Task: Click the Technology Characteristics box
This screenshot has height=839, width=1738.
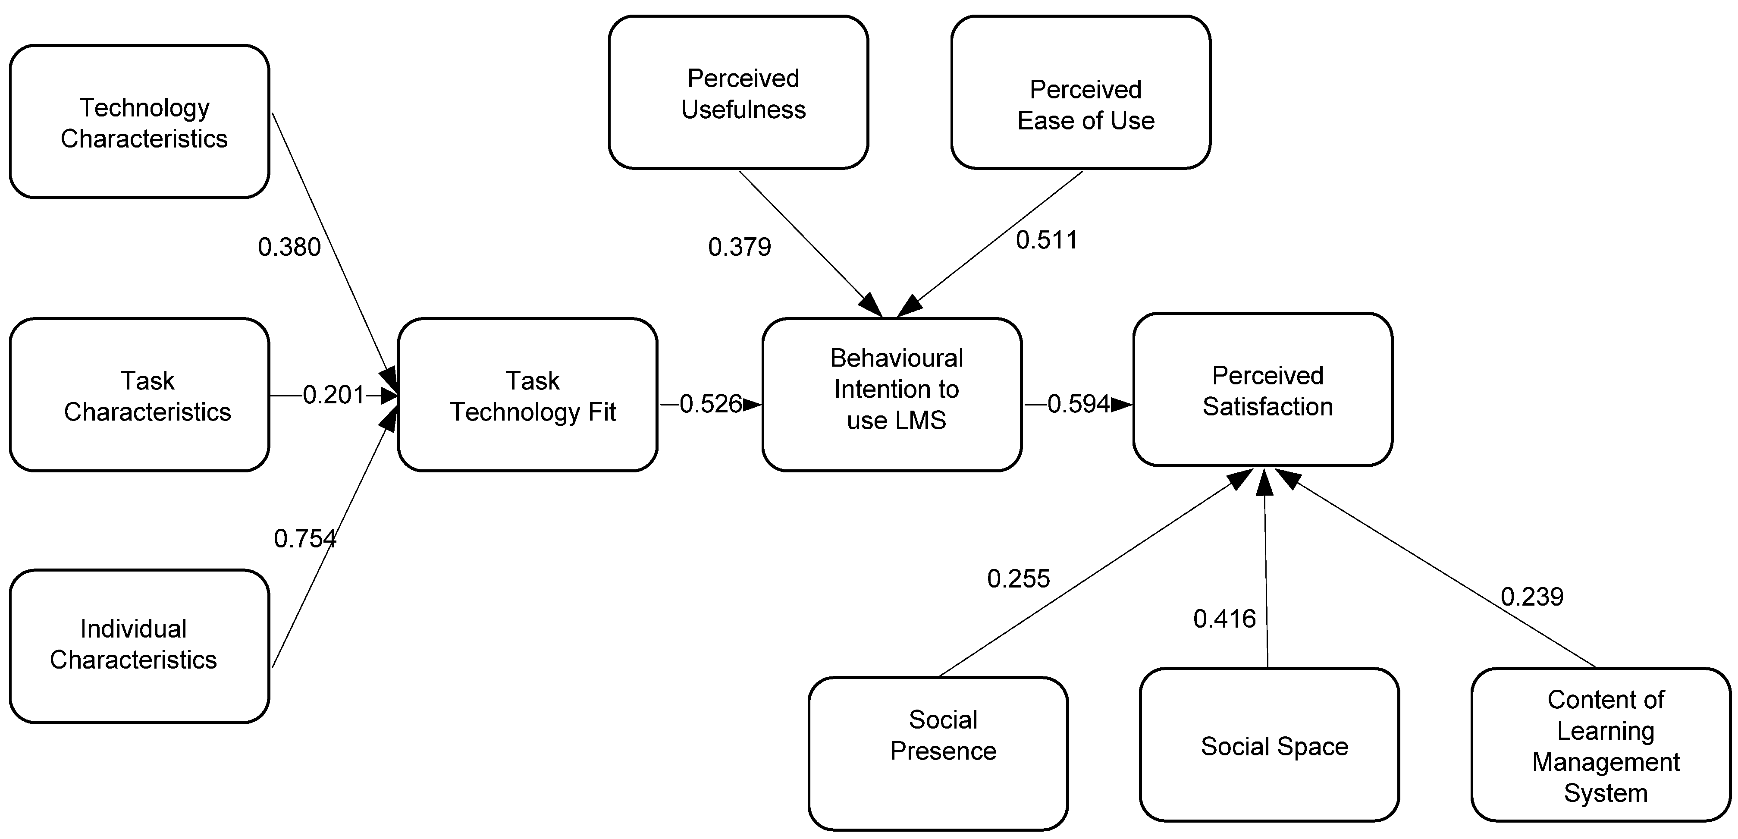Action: pos(140,122)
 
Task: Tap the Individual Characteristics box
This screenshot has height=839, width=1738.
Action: pos(140,646)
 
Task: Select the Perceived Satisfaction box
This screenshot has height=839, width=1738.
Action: pos(1262,390)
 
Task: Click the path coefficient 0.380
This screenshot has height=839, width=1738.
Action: pos(289,247)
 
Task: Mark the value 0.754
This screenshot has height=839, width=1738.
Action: pos(305,539)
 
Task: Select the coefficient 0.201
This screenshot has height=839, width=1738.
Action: pos(333,395)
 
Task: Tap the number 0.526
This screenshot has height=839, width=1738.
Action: pos(710,404)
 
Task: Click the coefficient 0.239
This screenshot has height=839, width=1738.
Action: pos(1531,597)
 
